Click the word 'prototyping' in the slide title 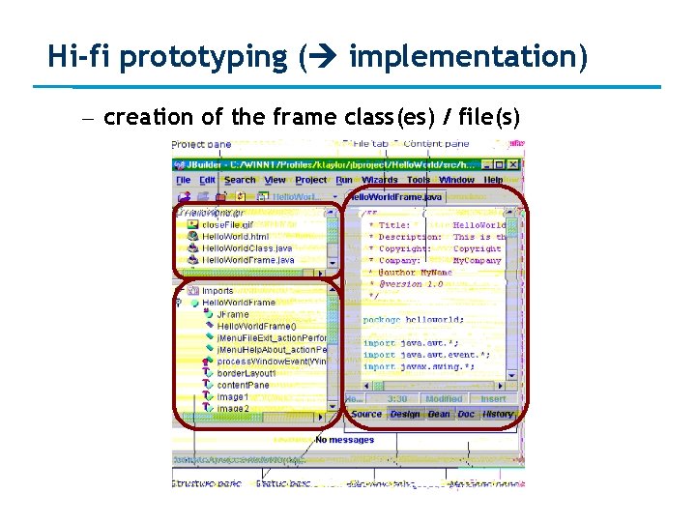[x=204, y=58]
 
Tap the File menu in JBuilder [x=183, y=180]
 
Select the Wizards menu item [x=380, y=180]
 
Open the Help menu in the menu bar [x=494, y=180]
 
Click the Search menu [x=240, y=180]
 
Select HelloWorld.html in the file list [x=234, y=236]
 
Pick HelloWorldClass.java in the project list [x=247, y=248]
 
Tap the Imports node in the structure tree [x=217, y=290]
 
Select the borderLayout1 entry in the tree [x=246, y=373]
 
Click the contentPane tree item [x=244, y=385]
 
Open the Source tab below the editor [x=366, y=414]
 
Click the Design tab [x=405, y=414]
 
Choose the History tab [x=498, y=414]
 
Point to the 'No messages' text [x=345, y=440]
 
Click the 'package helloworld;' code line [x=413, y=319]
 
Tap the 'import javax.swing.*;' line [x=419, y=367]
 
